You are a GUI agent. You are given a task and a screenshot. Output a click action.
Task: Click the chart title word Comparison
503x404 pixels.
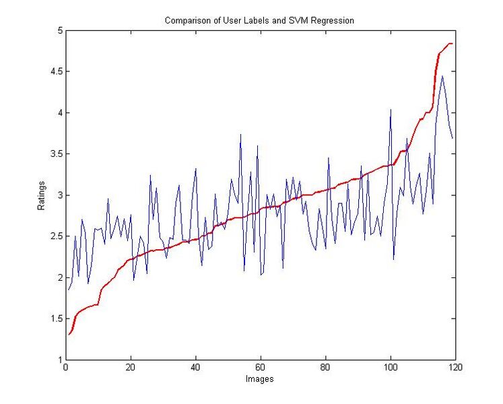pyautogui.click(x=186, y=21)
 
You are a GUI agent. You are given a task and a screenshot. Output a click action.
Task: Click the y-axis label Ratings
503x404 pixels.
pyautogui.click(x=42, y=195)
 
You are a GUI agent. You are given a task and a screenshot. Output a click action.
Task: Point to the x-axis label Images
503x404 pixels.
pyautogui.click(x=259, y=378)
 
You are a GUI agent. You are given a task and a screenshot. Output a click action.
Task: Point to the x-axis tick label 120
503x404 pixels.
pyautogui.click(x=455, y=368)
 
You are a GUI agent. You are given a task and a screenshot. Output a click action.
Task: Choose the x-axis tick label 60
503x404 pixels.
pyautogui.click(x=260, y=368)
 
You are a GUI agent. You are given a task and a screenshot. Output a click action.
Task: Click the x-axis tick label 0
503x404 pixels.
pyautogui.click(x=65, y=368)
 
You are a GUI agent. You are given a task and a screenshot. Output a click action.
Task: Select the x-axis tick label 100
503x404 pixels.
pyautogui.click(x=390, y=368)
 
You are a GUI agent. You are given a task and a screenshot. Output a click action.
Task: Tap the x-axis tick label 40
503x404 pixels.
pyautogui.click(x=195, y=368)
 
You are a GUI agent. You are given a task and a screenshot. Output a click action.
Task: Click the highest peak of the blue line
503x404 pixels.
pyautogui.click(x=442, y=76)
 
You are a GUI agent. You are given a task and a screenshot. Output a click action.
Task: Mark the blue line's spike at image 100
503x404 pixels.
pyautogui.click(x=391, y=109)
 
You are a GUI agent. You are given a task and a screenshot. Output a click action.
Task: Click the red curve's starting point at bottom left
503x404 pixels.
pyautogui.click(x=68, y=334)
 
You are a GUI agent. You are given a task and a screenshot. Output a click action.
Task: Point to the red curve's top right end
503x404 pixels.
pyautogui.click(x=452, y=44)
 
